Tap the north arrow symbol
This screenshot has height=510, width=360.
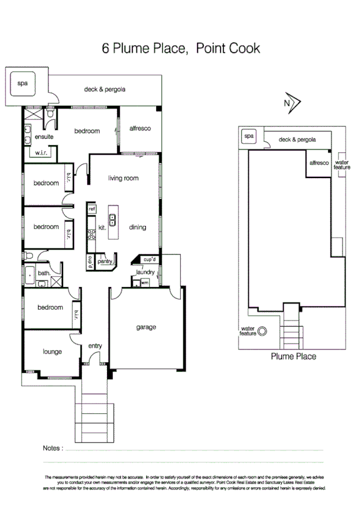tap(292, 102)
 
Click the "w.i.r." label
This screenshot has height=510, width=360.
tap(41, 153)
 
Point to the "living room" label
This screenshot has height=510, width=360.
tap(123, 178)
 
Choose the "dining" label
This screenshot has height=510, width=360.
tap(137, 227)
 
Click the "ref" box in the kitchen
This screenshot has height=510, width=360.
tap(92, 208)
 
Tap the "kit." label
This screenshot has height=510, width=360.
tap(102, 228)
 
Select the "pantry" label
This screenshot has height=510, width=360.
tap(106, 262)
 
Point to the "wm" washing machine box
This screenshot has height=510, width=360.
tap(144, 282)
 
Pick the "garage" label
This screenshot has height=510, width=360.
tap(145, 327)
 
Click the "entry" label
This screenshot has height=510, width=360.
tap(95, 346)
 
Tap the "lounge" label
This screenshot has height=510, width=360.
tap(52, 352)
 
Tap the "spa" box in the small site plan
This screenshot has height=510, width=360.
tap(248, 137)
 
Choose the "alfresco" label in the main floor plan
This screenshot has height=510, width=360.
tap(139, 129)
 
